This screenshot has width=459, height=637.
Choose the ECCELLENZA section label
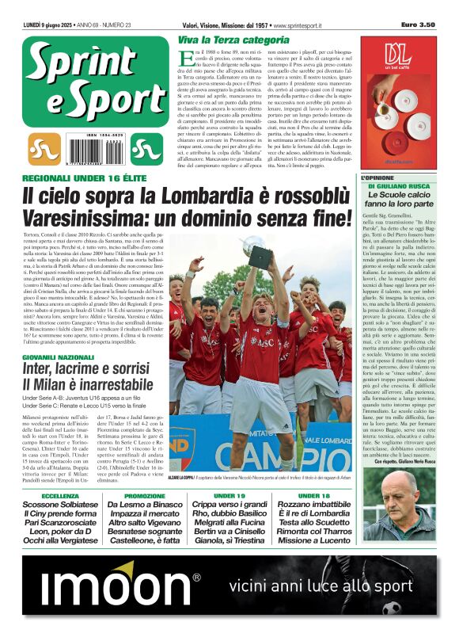coord(60,496)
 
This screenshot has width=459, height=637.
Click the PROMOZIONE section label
coord(145,496)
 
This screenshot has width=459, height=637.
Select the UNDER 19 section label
coord(229,496)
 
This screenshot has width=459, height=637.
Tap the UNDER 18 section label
coord(314,496)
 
